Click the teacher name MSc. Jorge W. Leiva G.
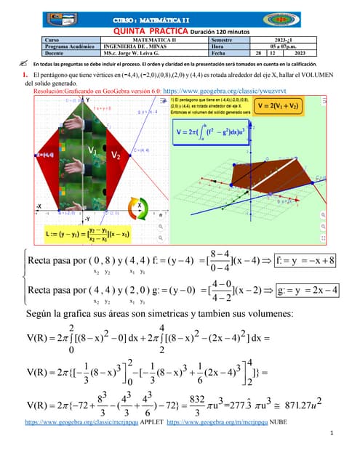coord(132,53)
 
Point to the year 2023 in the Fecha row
coord(300,53)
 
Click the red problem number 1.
coord(25,75)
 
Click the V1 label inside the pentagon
coord(92,150)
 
